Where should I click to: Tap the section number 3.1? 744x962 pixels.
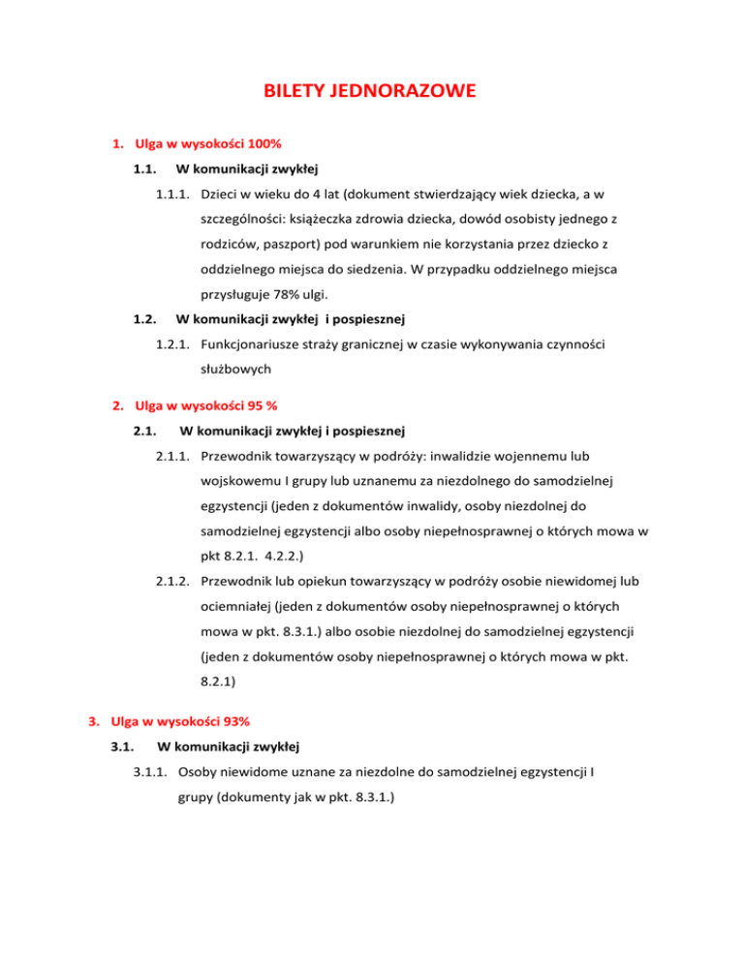123,746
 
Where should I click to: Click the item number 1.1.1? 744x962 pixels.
174,195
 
